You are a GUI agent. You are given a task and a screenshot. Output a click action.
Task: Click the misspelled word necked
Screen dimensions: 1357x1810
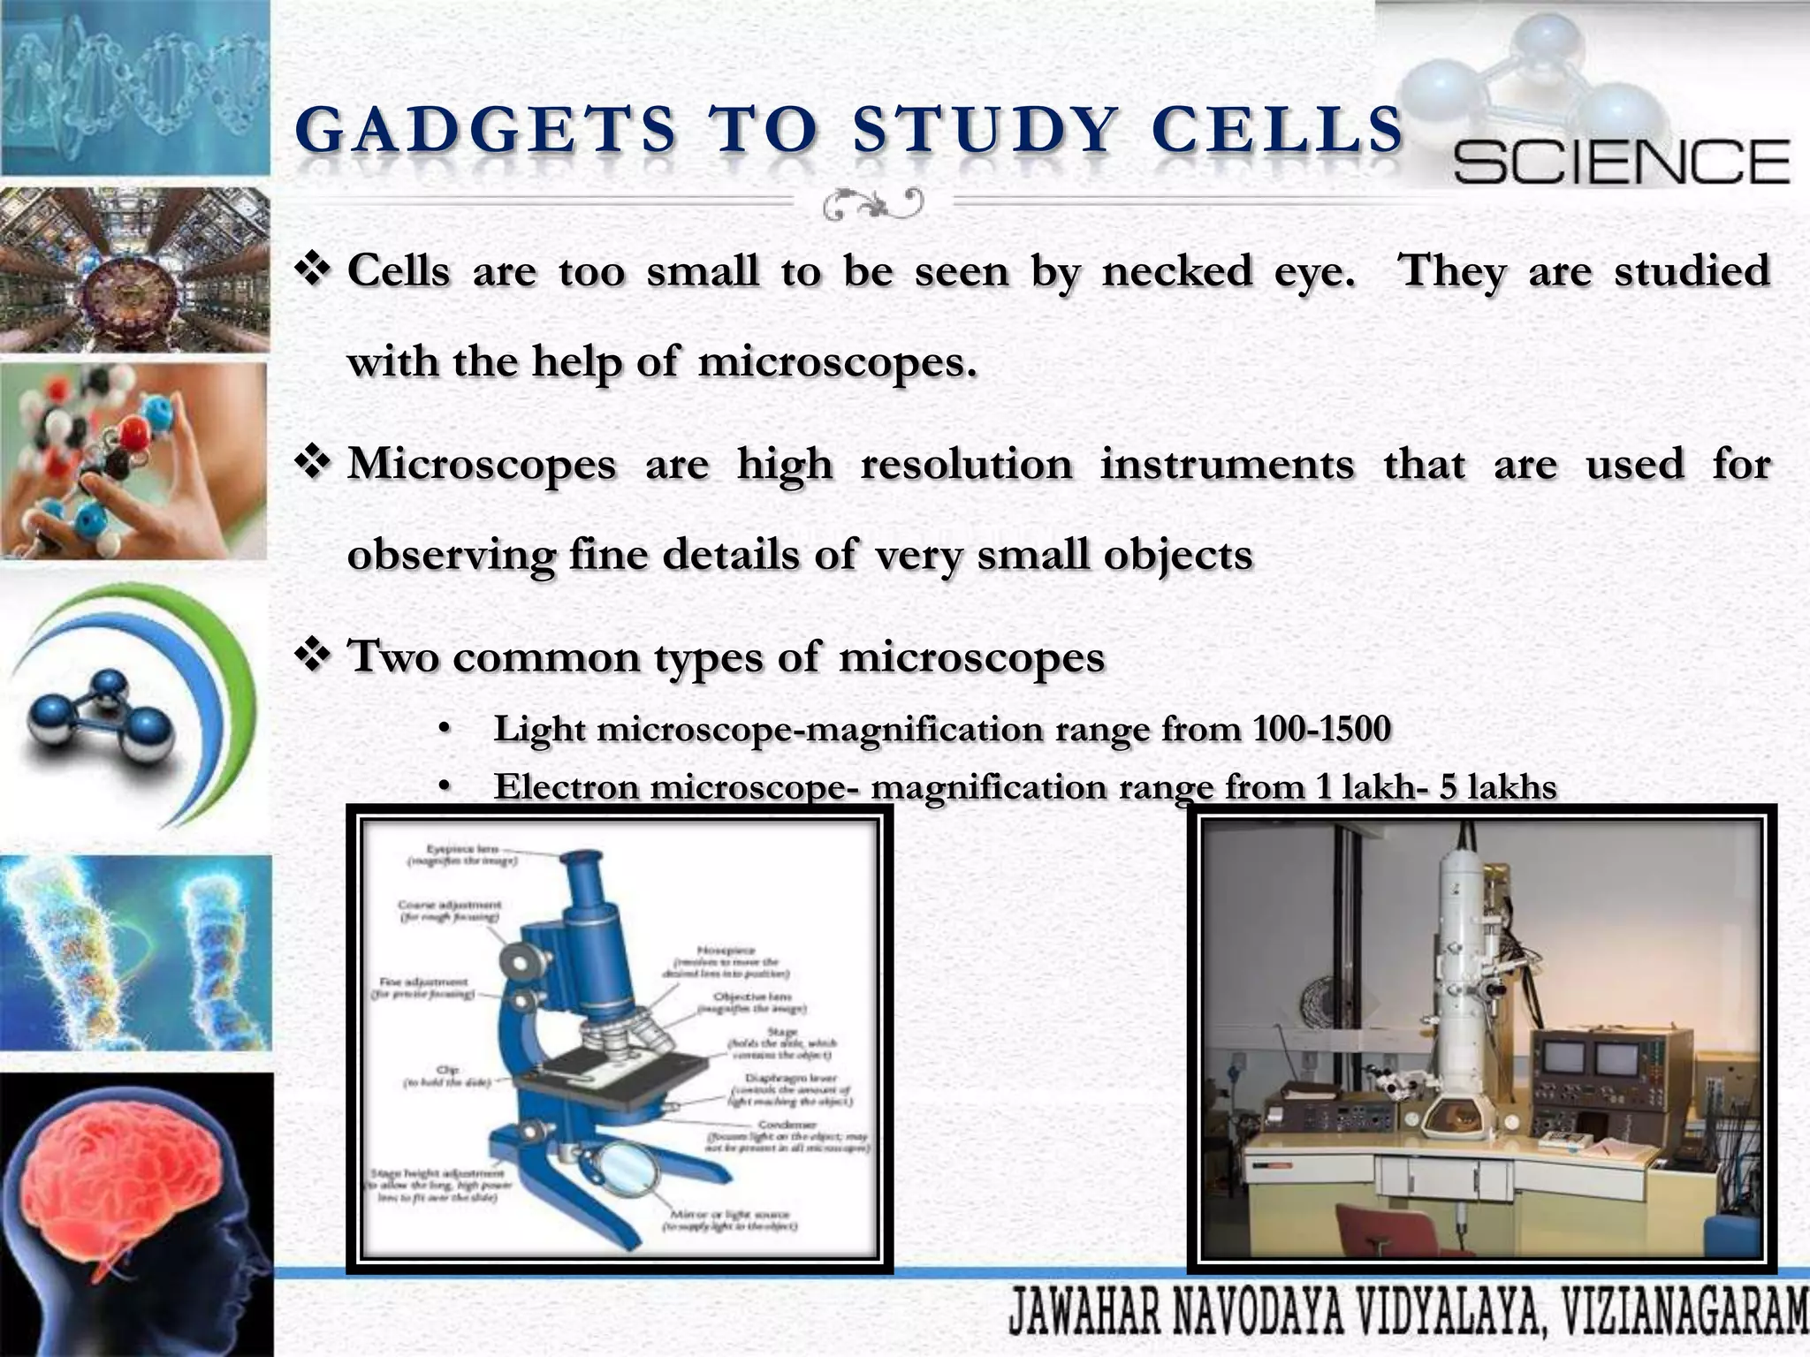[x=1176, y=270]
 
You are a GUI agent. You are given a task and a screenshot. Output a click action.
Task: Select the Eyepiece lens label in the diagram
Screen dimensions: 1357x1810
[x=463, y=853]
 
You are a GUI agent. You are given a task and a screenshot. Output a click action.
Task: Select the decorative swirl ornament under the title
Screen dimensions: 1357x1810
[x=873, y=205]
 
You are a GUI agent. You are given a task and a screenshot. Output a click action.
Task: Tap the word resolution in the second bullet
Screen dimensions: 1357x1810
[x=966, y=465]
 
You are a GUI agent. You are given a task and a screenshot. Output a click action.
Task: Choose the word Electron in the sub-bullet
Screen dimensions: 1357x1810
[x=566, y=786]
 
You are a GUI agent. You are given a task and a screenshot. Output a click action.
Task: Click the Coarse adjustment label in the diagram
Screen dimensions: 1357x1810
[x=449, y=910]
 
